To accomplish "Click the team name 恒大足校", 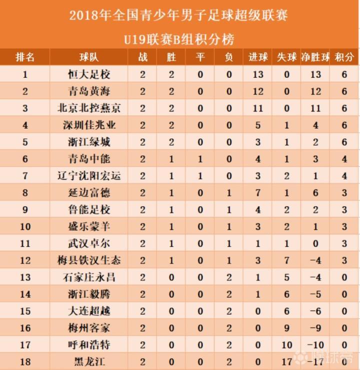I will click(x=89, y=75).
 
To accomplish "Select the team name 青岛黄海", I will click(x=89, y=91).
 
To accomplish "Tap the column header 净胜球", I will click(x=315, y=57).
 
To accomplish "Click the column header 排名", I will click(x=25, y=57).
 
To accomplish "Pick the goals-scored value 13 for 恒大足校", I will click(x=258, y=75).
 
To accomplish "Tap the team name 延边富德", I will click(x=89, y=193).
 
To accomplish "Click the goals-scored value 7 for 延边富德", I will click(x=258, y=193).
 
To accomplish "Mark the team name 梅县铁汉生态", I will click(x=89, y=261).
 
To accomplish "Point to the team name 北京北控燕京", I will click(x=89, y=108).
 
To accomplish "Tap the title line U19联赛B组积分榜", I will click(x=179, y=38).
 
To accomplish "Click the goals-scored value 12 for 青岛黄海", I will click(x=258, y=91).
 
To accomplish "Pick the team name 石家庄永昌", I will click(x=89, y=277).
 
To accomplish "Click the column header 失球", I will click(x=287, y=57).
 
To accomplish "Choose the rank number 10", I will click(x=25, y=227).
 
